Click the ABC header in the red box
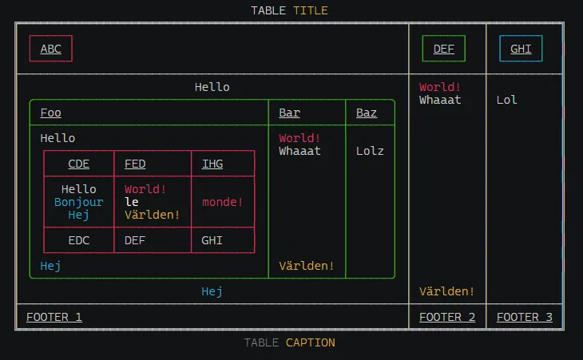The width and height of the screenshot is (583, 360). pyautogui.click(x=51, y=49)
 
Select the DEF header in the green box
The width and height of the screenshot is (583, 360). pyautogui.click(x=444, y=49)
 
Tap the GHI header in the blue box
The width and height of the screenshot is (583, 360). pyautogui.click(x=521, y=49)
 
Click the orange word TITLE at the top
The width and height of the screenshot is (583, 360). pyautogui.click(x=310, y=10)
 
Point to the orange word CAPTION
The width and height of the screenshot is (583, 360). pyautogui.click(x=311, y=342)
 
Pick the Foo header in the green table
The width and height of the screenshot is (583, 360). pyautogui.click(x=50, y=113)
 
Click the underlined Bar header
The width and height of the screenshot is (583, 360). pyautogui.click(x=289, y=113)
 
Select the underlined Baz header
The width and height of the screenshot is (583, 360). pyautogui.click(x=367, y=113)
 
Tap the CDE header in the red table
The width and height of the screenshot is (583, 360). pyautogui.click(x=79, y=164)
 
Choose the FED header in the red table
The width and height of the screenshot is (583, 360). pyautogui.click(x=135, y=164)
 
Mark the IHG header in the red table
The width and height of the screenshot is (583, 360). pyautogui.click(x=212, y=164)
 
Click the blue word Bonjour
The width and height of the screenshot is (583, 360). pyautogui.click(x=79, y=202)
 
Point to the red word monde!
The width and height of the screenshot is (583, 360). pyautogui.click(x=223, y=202)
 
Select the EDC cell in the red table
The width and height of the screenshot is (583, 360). pyautogui.click(x=79, y=239)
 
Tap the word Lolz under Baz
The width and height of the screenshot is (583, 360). pyautogui.click(x=370, y=151)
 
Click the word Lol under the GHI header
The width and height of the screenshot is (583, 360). pyautogui.click(x=506, y=100)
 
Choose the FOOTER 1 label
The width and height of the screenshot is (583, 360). pyautogui.click(x=54, y=317)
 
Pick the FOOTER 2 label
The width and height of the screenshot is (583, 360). pyautogui.click(x=447, y=317)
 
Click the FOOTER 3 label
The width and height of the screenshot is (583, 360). pyautogui.click(x=525, y=317)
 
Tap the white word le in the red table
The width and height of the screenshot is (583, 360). pyautogui.click(x=132, y=202)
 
